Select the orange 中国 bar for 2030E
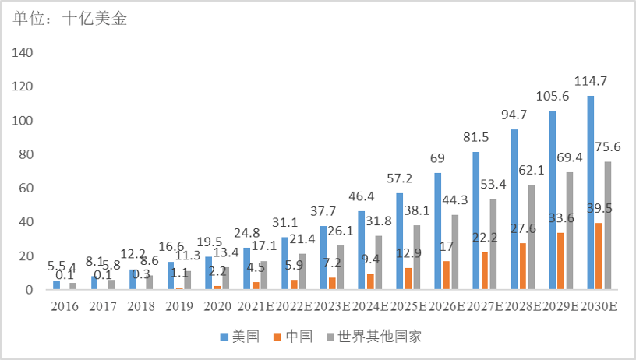(599, 256)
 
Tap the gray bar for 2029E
(568, 231)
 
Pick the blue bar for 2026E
(437, 231)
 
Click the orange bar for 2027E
(484, 270)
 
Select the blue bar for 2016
(56, 285)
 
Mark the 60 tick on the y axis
(24, 189)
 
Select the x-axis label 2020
(218, 306)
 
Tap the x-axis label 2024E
(369, 306)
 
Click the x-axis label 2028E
(522, 306)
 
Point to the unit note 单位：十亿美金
(70, 19)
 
